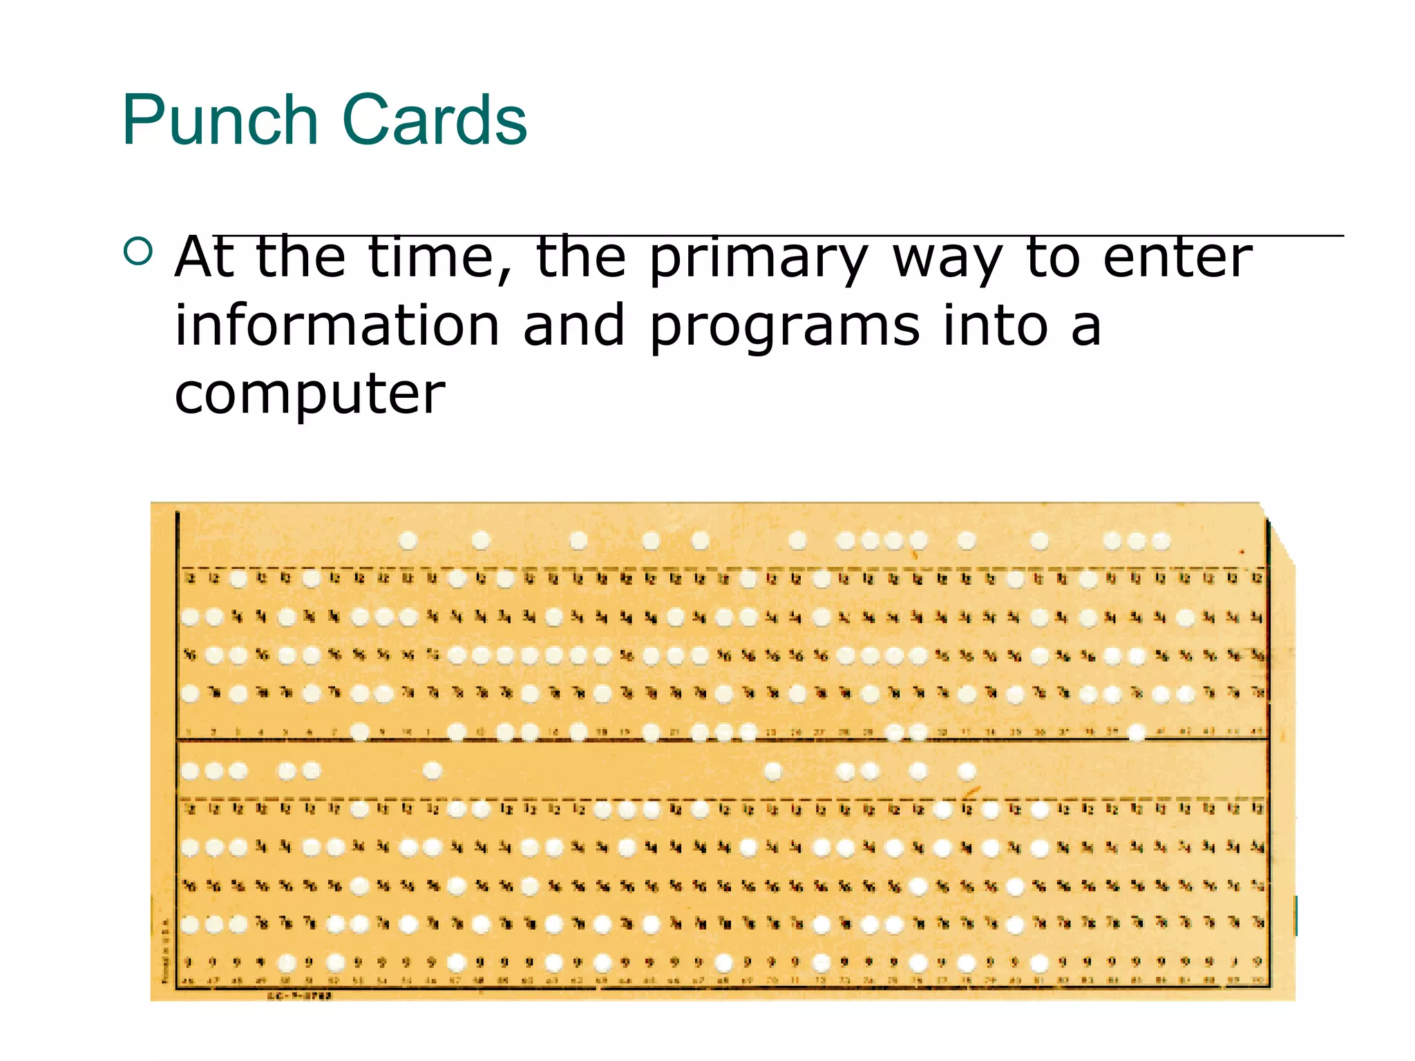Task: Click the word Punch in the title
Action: (220, 120)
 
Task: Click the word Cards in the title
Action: (435, 120)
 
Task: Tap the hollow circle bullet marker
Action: (138, 251)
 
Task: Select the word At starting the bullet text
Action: (204, 257)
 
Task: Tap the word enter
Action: (1177, 257)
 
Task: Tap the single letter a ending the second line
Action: (1086, 327)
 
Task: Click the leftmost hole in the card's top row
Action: (408, 540)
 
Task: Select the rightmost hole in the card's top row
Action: (1161, 540)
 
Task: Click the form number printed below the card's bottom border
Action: (300, 995)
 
